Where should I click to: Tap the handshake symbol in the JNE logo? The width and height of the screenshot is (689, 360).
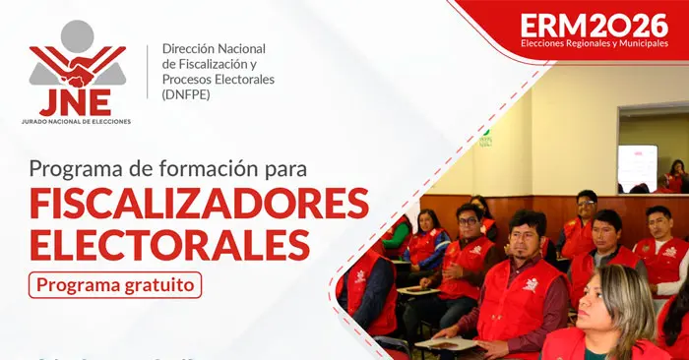click(77, 71)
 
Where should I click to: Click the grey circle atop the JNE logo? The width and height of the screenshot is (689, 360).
click(77, 36)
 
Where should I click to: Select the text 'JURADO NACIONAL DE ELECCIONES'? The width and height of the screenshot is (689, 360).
click(77, 121)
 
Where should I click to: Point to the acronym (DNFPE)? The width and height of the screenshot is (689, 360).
click(184, 94)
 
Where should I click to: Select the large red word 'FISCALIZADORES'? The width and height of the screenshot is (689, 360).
click(199, 203)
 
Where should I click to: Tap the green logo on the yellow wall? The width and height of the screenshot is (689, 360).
click(485, 139)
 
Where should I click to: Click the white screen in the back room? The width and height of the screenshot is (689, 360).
click(637, 166)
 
